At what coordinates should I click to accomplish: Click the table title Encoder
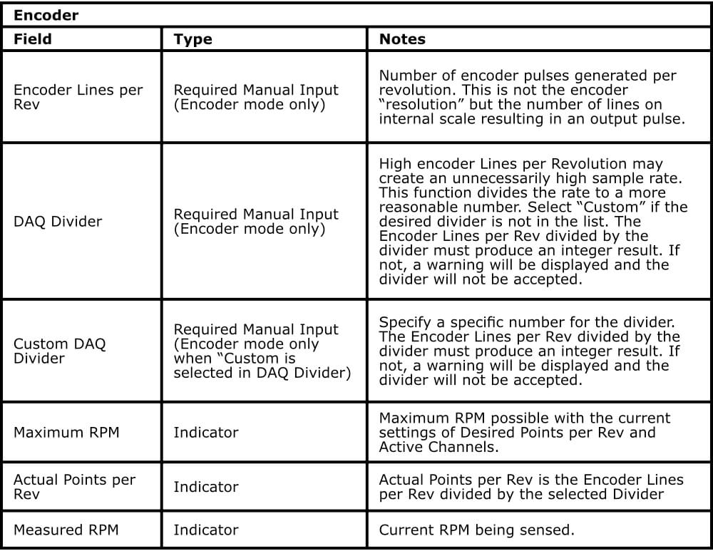pyautogui.click(x=46, y=15)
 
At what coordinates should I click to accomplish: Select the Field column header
pyautogui.click(x=33, y=39)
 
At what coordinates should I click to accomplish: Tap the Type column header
pyautogui.click(x=193, y=39)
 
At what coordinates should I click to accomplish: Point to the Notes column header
pyautogui.click(x=402, y=39)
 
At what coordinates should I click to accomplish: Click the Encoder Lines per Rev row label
pyautogui.click(x=78, y=98)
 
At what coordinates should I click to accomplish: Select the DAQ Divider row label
pyautogui.click(x=58, y=222)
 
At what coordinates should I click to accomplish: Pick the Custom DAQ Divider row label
pyautogui.click(x=60, y=351)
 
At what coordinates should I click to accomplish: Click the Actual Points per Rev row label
pyautogui.click(x=74, y=487)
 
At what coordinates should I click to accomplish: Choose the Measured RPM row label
pyautogui.click(x=66, y=530)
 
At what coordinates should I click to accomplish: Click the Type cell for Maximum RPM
pyautogui.click(x=206, y=432)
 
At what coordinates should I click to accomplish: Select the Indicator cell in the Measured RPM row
pyautogui.click(x=206, y=530)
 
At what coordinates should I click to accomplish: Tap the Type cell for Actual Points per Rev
pyautogui.click(x=206, y=487)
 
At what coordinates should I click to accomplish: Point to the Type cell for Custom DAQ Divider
pyautogui.click(x=262, y=351)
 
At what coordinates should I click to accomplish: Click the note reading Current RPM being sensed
pyautogui.click(x=477, y=530)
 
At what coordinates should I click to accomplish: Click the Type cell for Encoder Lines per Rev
pyautogui.click(x=256, y=98)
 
